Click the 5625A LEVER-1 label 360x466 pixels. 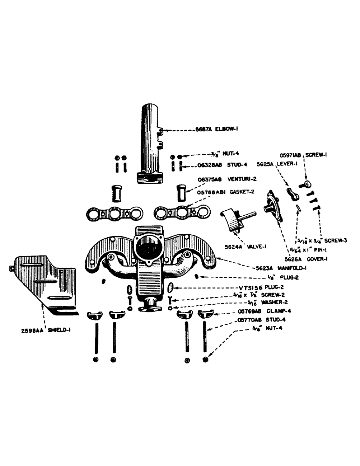pyautogui.click(x=274, y=164)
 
